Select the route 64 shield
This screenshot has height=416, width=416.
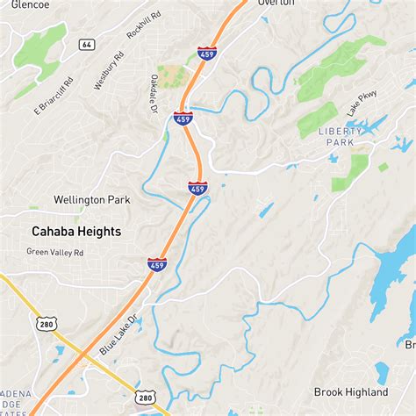[86, 44]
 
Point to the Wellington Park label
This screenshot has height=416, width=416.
[91, 200]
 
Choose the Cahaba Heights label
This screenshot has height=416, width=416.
[76, 232]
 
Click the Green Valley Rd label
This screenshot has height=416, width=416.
[54, 252]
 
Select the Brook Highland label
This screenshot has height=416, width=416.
[351, 391]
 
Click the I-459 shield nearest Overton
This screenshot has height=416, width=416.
[207, 53]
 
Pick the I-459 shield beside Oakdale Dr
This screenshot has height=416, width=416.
[183, 118]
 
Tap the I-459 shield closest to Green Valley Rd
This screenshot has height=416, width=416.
[157, 263]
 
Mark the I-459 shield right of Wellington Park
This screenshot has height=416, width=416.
[197, 187]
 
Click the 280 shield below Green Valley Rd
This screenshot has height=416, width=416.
[47, 324]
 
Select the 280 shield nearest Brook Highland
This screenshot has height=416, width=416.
[147, 398]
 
